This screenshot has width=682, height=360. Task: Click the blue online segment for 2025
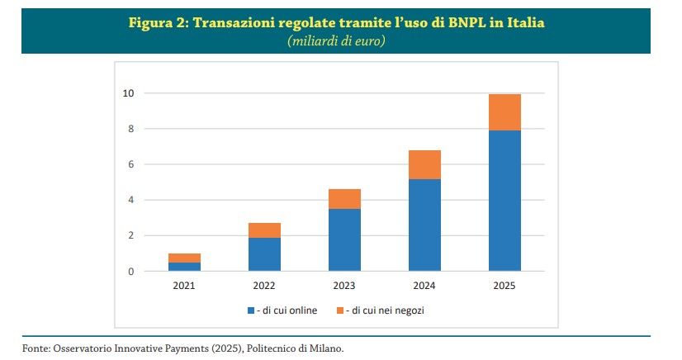[x=504, y=201]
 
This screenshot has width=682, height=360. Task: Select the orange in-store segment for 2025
[x=504, y=112]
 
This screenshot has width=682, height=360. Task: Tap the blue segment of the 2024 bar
[x=424, y=225]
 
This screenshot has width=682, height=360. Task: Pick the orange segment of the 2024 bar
[x=424, y=164]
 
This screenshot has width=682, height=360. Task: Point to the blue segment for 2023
[x=344, y=239]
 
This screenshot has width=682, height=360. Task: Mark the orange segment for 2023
[x=344, y=199]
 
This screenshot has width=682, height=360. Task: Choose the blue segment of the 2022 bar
[x=264, y=254]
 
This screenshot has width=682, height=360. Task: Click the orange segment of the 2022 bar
[x=264, y=230]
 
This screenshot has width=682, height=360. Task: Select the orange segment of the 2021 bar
[x=184, y=258]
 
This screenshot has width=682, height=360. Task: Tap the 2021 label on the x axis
[x=184, y=286]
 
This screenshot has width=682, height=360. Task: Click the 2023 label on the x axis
[x=344, y=286]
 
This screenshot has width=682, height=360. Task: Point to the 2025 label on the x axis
[x=504, y=286]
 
